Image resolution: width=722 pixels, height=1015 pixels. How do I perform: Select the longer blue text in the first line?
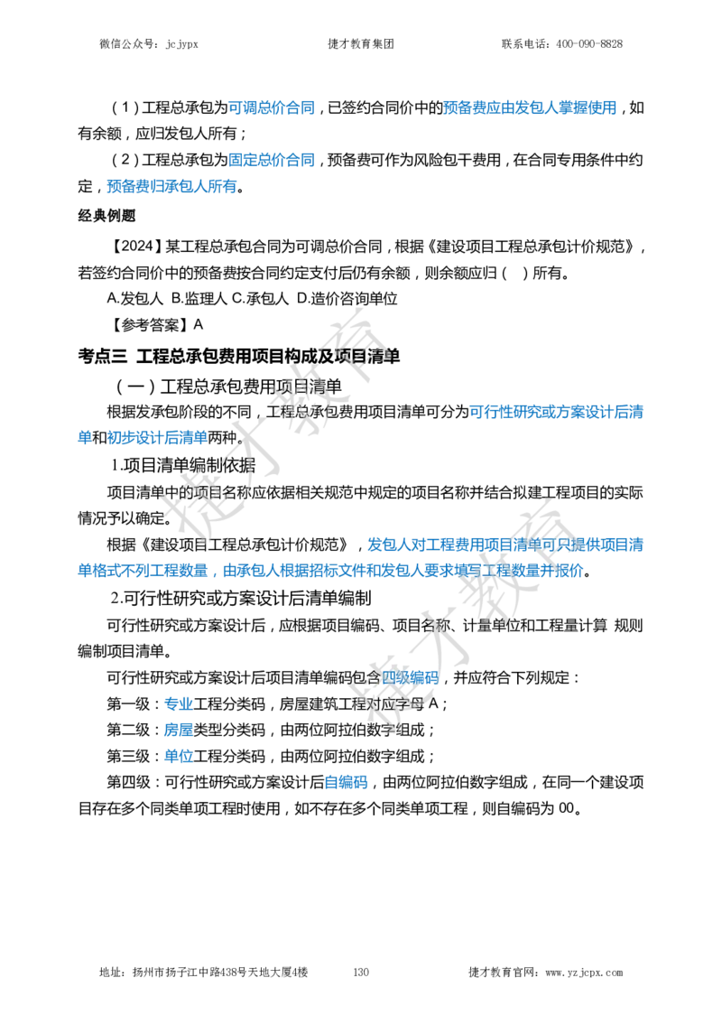click(x=530, y=107)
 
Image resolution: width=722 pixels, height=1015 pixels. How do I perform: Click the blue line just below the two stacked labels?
click(x=171, y=188)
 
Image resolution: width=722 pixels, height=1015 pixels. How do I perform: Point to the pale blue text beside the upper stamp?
click(x=559, y=412)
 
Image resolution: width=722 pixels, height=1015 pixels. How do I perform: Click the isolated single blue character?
click(x=84, y=438)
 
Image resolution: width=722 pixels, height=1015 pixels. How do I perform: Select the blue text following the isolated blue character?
click(x=158, y=438)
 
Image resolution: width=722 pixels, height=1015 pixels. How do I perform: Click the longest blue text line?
click(x=330, y=570)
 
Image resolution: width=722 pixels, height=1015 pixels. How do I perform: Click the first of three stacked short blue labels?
click(x=178, y=703)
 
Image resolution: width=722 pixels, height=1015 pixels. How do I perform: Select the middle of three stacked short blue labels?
click(x=178, y=729)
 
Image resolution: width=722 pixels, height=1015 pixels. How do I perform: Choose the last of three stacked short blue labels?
click(x=178, y=756)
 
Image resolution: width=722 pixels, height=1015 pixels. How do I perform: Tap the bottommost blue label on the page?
click(x=347, y=783)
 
